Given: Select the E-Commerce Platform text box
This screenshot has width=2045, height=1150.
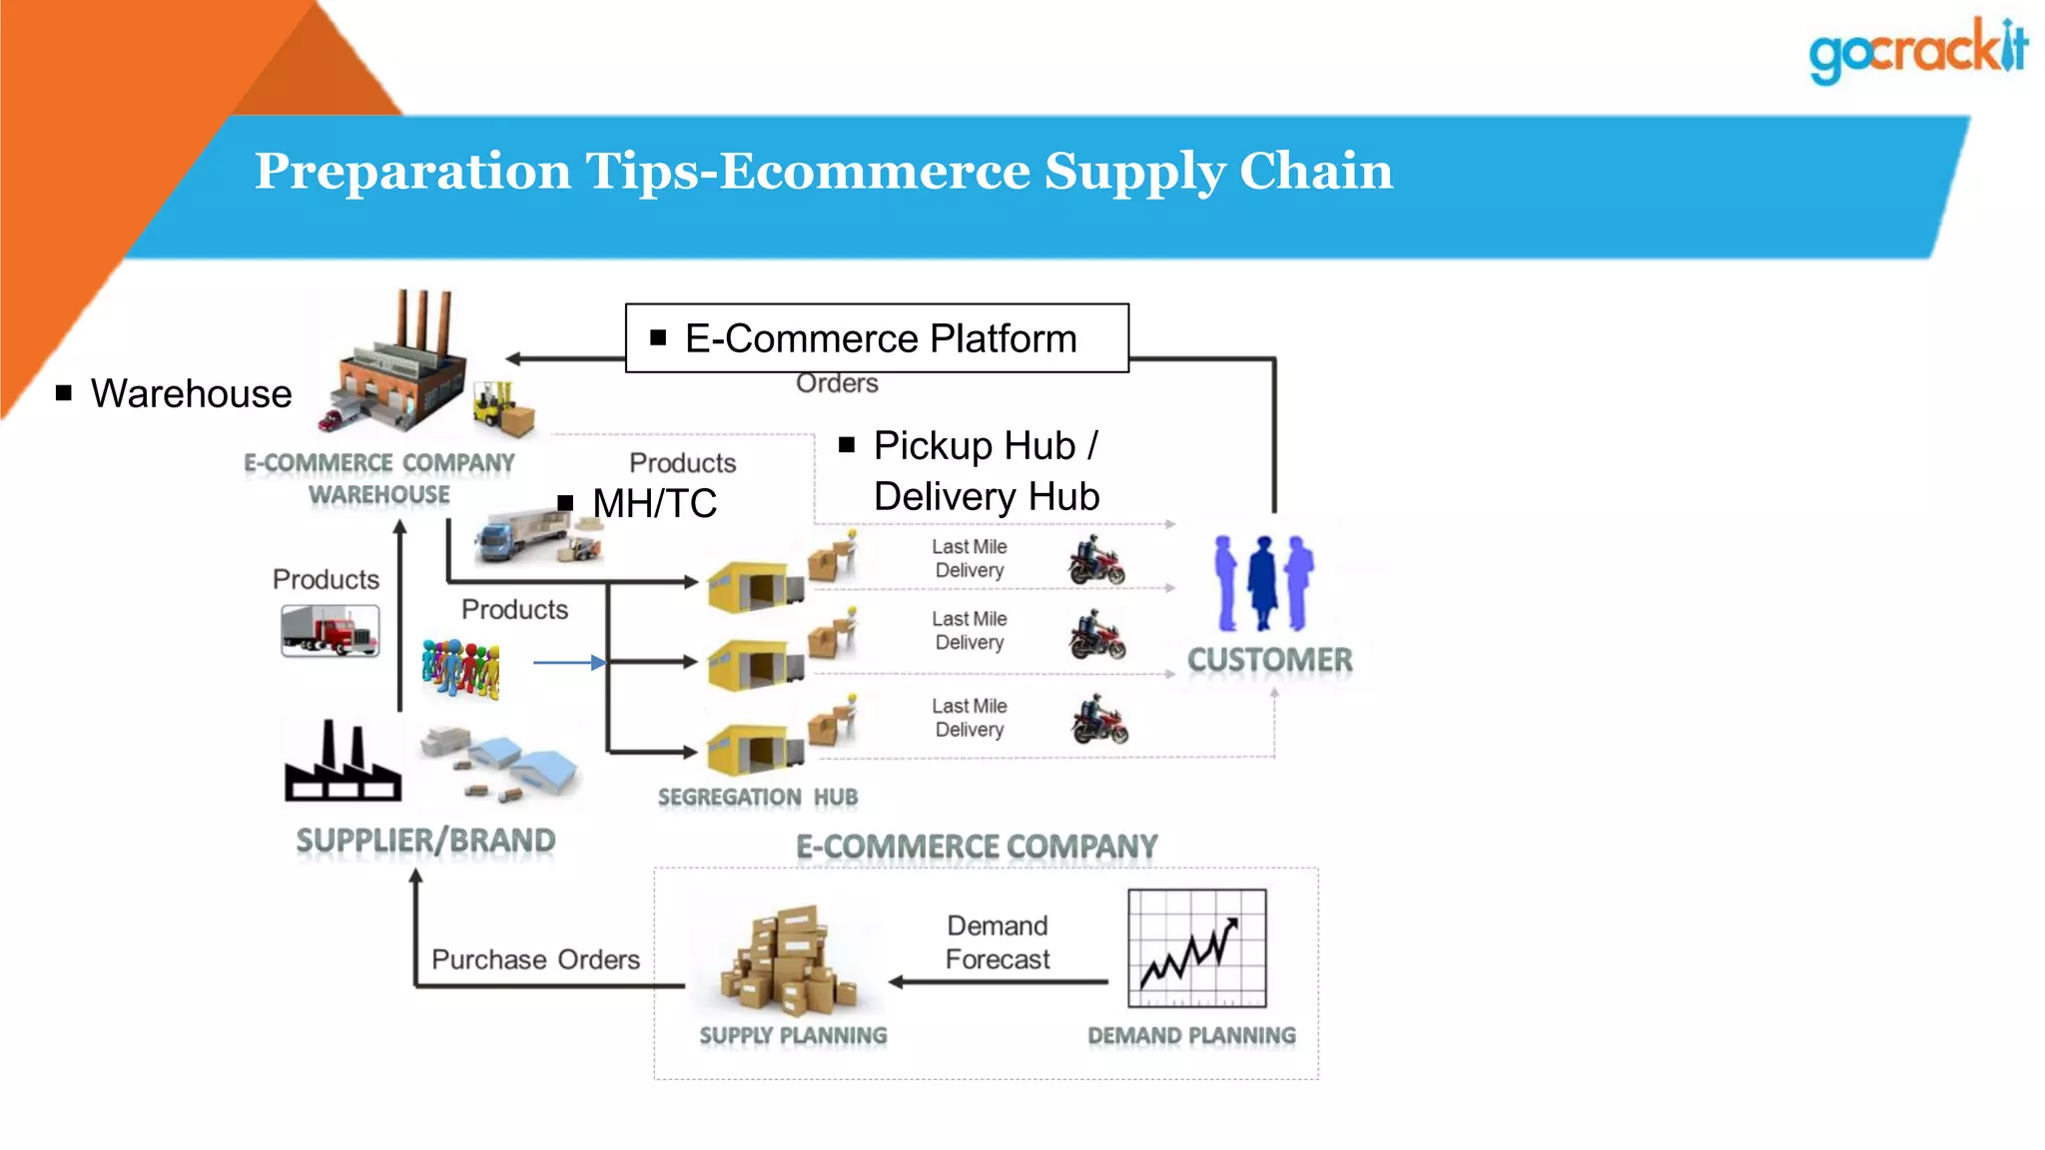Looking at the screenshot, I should click(877, 338).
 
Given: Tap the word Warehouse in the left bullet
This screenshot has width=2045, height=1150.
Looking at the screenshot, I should click(191, 394).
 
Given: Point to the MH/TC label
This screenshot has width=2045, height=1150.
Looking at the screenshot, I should click(654, 503).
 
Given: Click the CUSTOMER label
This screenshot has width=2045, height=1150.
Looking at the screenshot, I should click(1269, 660).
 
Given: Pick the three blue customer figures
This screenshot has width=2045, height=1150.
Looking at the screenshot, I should click(1263, 583).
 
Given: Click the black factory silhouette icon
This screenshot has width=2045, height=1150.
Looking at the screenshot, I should click(342, 763).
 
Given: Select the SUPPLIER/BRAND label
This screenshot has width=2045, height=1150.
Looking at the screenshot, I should click(425, 841).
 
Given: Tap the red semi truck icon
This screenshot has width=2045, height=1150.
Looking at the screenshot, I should click(330, 631).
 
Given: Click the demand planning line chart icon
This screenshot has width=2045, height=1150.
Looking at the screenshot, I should click(1196, 948).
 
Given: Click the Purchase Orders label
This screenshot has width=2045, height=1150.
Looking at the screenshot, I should click(535, 959).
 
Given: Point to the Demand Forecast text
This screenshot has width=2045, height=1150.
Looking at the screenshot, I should click(997, 942).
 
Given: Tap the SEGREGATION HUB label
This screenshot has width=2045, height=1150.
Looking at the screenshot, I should click(757, 797).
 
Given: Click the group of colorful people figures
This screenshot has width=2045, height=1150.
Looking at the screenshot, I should click(460, 667).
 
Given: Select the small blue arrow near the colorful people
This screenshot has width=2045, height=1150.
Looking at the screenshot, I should click(569, 662).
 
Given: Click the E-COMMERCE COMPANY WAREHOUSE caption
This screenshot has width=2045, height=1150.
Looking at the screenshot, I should click(379, 478).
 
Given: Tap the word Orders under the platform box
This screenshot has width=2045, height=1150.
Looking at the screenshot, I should click(837, 383).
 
